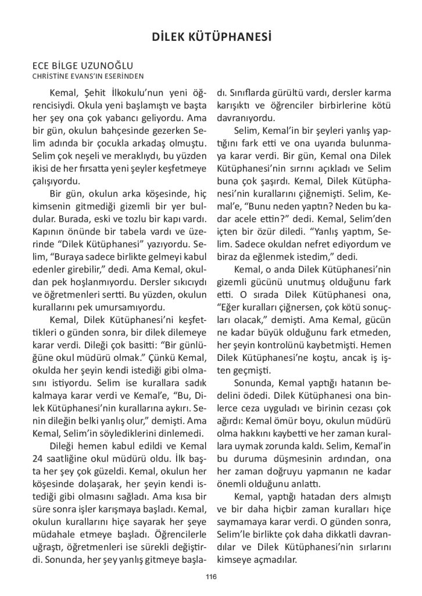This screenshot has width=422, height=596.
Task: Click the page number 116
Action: pos(210,576)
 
